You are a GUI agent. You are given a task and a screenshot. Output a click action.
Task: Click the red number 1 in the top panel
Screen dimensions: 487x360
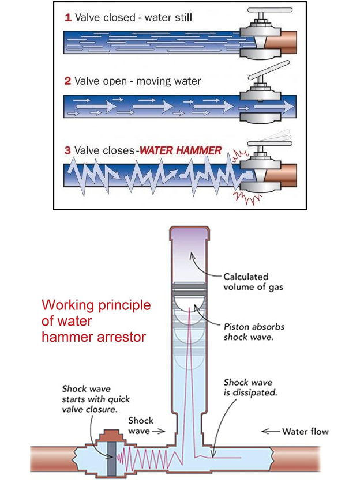(67, 18)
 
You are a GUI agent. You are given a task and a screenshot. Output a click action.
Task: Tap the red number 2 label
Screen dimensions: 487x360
(68, 81)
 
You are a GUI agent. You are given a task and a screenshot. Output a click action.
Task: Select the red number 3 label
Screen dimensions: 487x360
(68, 151)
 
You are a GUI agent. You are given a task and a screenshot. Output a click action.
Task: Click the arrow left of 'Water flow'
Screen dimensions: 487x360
(271, 431)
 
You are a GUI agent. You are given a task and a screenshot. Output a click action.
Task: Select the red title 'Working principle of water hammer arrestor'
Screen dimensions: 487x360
(96, 320)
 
